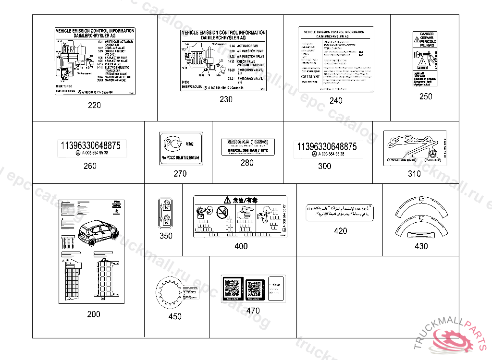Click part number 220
pos(94,105)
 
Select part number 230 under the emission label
pos(225,99)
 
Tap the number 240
pos(336,101)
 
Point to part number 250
pos(425,96)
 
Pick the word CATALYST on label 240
pos(310,77)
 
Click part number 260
pos(90,166)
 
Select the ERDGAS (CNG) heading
pos(247,142)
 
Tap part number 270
pos(180,174)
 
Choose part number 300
pos(324,166)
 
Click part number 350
pos(166,236)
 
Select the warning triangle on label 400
pos(227,200)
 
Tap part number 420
pos(340,231)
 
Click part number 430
pos(421,246)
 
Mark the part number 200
pos(94,314)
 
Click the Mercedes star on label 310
pos(432,154)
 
